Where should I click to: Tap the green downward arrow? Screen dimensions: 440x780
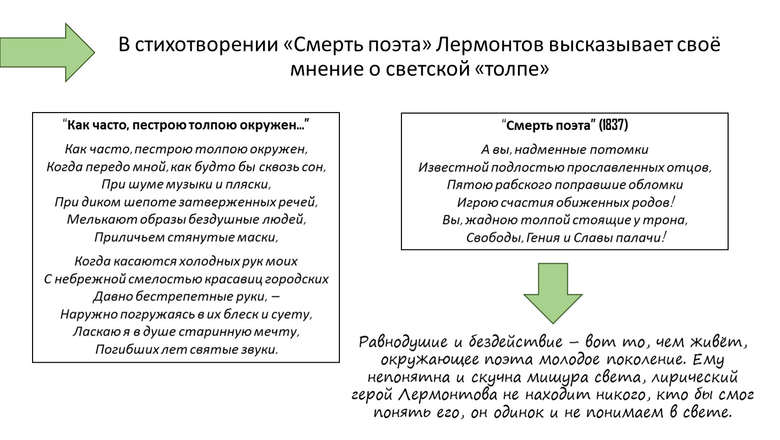pyautogui.click(x=553, y=293)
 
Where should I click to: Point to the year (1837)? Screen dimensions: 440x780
pyautogui.click(x=613, y=125)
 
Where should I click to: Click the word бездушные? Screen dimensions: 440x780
pyautogui.click(x=221, y=219)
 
